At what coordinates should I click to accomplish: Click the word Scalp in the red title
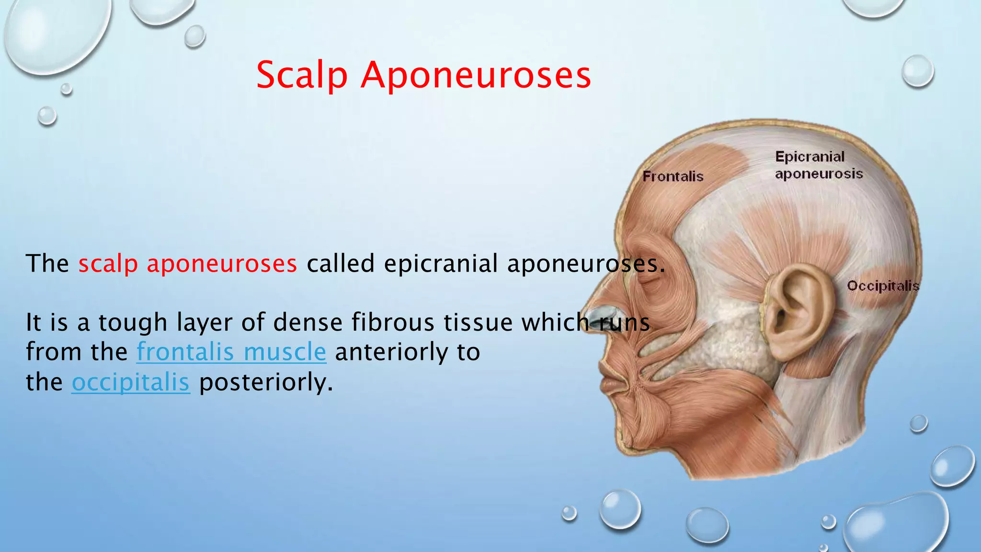(302, 76)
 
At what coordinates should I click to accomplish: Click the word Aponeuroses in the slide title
(476, 76)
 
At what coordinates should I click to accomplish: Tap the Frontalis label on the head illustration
(673, 177)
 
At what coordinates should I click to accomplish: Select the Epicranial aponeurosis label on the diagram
(819, 165)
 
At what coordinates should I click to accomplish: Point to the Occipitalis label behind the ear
(883, 286)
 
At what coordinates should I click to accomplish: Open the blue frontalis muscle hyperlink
(231, 352)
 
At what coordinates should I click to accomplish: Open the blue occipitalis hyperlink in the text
(131, 382)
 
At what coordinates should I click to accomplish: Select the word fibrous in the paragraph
(393, 322)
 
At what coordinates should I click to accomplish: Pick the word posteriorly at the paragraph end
(266, 382)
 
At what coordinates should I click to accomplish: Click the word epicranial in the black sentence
(441, 264)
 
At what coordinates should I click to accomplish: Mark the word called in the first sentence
(340, 264)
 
